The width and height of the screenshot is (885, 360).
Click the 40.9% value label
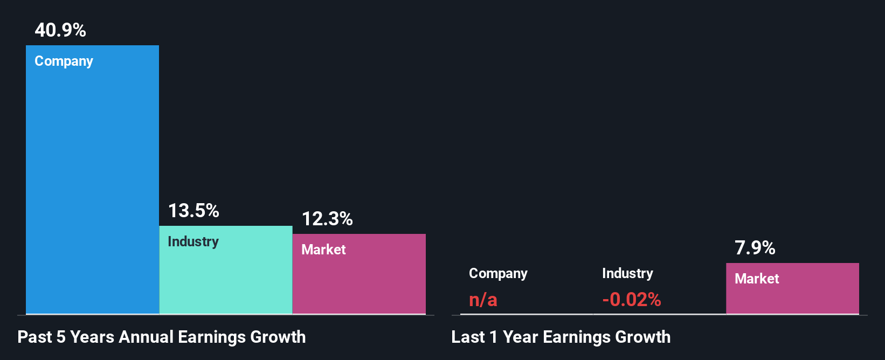(x=60, y=30)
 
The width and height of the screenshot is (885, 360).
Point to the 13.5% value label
(x=193, y=211)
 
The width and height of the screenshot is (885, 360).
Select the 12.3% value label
(x=327, y=219)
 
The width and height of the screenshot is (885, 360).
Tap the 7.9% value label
(x=755, y=248)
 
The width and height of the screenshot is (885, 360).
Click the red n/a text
(x=483, y=300)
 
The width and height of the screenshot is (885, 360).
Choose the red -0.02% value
(x=631, y=300)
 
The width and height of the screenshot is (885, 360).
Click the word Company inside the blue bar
(x=64, y=61)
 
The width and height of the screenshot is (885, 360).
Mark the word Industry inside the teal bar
(x=193, y=241)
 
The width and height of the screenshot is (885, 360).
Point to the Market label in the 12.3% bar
(x=323, y=250)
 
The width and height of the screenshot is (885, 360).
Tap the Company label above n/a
(x=498, y=274)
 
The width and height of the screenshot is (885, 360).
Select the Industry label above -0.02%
(x=627, y=273)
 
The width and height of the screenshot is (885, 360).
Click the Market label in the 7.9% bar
(x=757, y=279)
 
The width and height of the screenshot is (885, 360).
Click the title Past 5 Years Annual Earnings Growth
(x=162, y=337)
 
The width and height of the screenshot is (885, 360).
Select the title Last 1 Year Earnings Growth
(x=561, y=337)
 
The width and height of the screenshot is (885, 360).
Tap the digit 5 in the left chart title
(x=61, y=337)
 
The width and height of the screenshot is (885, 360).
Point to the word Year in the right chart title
(x=520, y=337)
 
